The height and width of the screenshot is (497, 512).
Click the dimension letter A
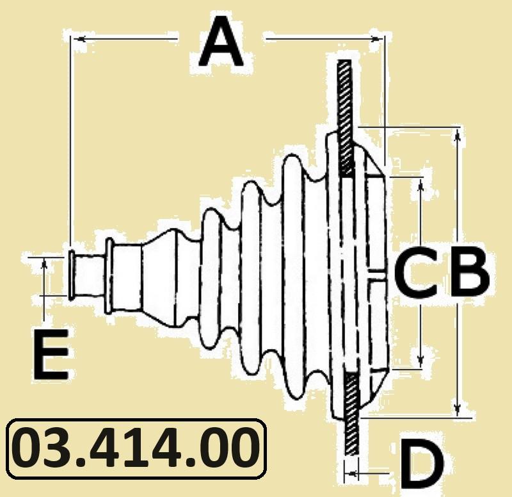(x=221, y=42)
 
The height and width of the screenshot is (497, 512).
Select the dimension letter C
(x=416, y=272)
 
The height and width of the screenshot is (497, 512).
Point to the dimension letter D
(x=421, y=464)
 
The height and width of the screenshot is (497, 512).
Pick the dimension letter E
(x=51, y=354)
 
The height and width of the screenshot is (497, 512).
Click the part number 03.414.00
(x=136, y=448)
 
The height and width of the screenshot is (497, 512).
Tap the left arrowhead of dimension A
(x=79, y=39)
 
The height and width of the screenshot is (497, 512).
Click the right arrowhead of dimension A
(x=377, y=39)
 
